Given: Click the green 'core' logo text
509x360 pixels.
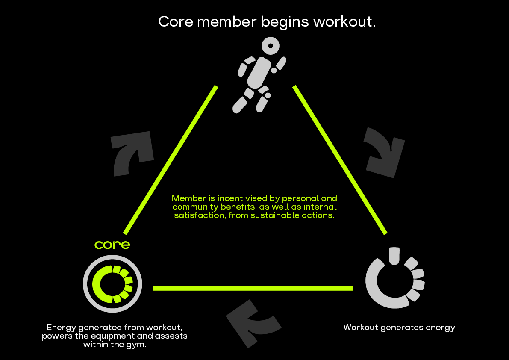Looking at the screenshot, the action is [112, 245].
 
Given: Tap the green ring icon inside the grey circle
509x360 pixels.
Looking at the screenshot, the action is [112, 283].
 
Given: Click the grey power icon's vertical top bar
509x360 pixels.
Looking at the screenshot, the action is [394, 256].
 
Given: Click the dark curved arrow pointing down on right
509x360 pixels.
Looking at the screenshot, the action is [384, 151].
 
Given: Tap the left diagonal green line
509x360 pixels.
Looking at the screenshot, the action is [171, 160].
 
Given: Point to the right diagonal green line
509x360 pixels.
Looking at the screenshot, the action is [340, 160].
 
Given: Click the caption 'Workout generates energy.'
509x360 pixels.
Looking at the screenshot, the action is [400, 328].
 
